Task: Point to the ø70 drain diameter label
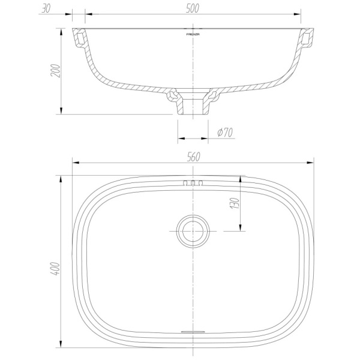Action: pos(224,132)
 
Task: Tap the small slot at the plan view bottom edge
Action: pos(193,331)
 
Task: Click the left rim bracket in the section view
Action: pos(79,40)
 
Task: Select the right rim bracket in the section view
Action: pos(307,40)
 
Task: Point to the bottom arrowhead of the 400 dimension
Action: pos(60,344)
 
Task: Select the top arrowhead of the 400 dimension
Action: pos(60,179)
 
